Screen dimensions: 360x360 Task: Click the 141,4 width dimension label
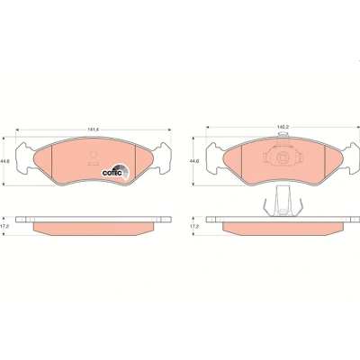pos(94,130)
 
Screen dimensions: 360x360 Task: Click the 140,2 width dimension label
pos(283,127)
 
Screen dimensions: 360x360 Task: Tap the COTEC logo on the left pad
pos(115,172)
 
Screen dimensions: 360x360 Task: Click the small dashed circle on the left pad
pos(94,155)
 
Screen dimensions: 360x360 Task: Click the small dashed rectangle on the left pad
pos(94,164)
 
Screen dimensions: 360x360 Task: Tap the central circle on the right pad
pos(282,157)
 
